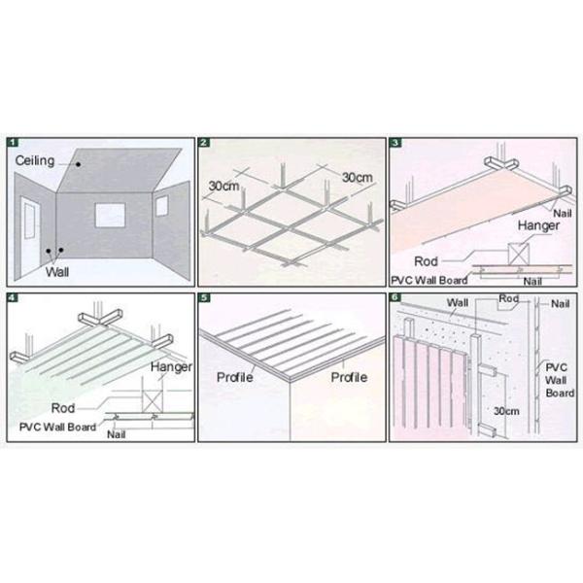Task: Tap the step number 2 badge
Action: (204, 142)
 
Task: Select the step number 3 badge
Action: (394, 142)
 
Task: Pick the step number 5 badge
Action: (204, 296)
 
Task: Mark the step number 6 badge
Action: (394, 296)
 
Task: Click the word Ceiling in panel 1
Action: (33, 157)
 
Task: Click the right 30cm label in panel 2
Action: (355, 177)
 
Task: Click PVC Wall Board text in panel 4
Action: (57, 426)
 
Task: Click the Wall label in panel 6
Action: (458, 302)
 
